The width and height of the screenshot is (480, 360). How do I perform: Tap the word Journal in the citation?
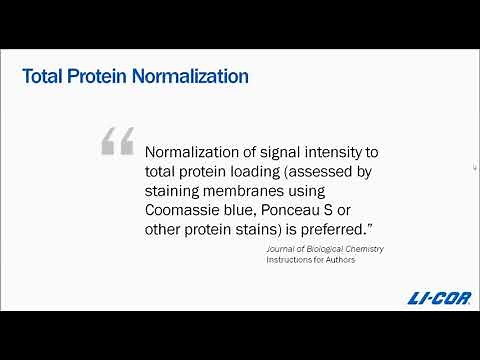click(x=282, y=248)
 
